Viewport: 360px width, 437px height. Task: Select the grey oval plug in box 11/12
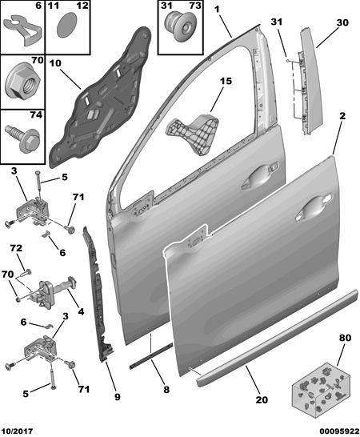pos(67,25)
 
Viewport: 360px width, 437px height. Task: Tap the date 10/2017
pos(17,431)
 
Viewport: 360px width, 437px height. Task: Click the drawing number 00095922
pos(339,431)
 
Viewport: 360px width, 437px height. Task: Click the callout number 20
pos(262,399)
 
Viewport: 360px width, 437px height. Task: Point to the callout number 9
pos(118,396)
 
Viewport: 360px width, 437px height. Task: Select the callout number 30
pos(342,22)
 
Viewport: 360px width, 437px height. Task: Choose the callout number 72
pos(16,248)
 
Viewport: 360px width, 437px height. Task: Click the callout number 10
pos(55,63)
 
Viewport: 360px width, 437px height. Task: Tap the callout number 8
pos(166,389)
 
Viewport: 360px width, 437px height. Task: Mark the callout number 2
pos(342,116)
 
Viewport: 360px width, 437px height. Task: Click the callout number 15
pos(226,81)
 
